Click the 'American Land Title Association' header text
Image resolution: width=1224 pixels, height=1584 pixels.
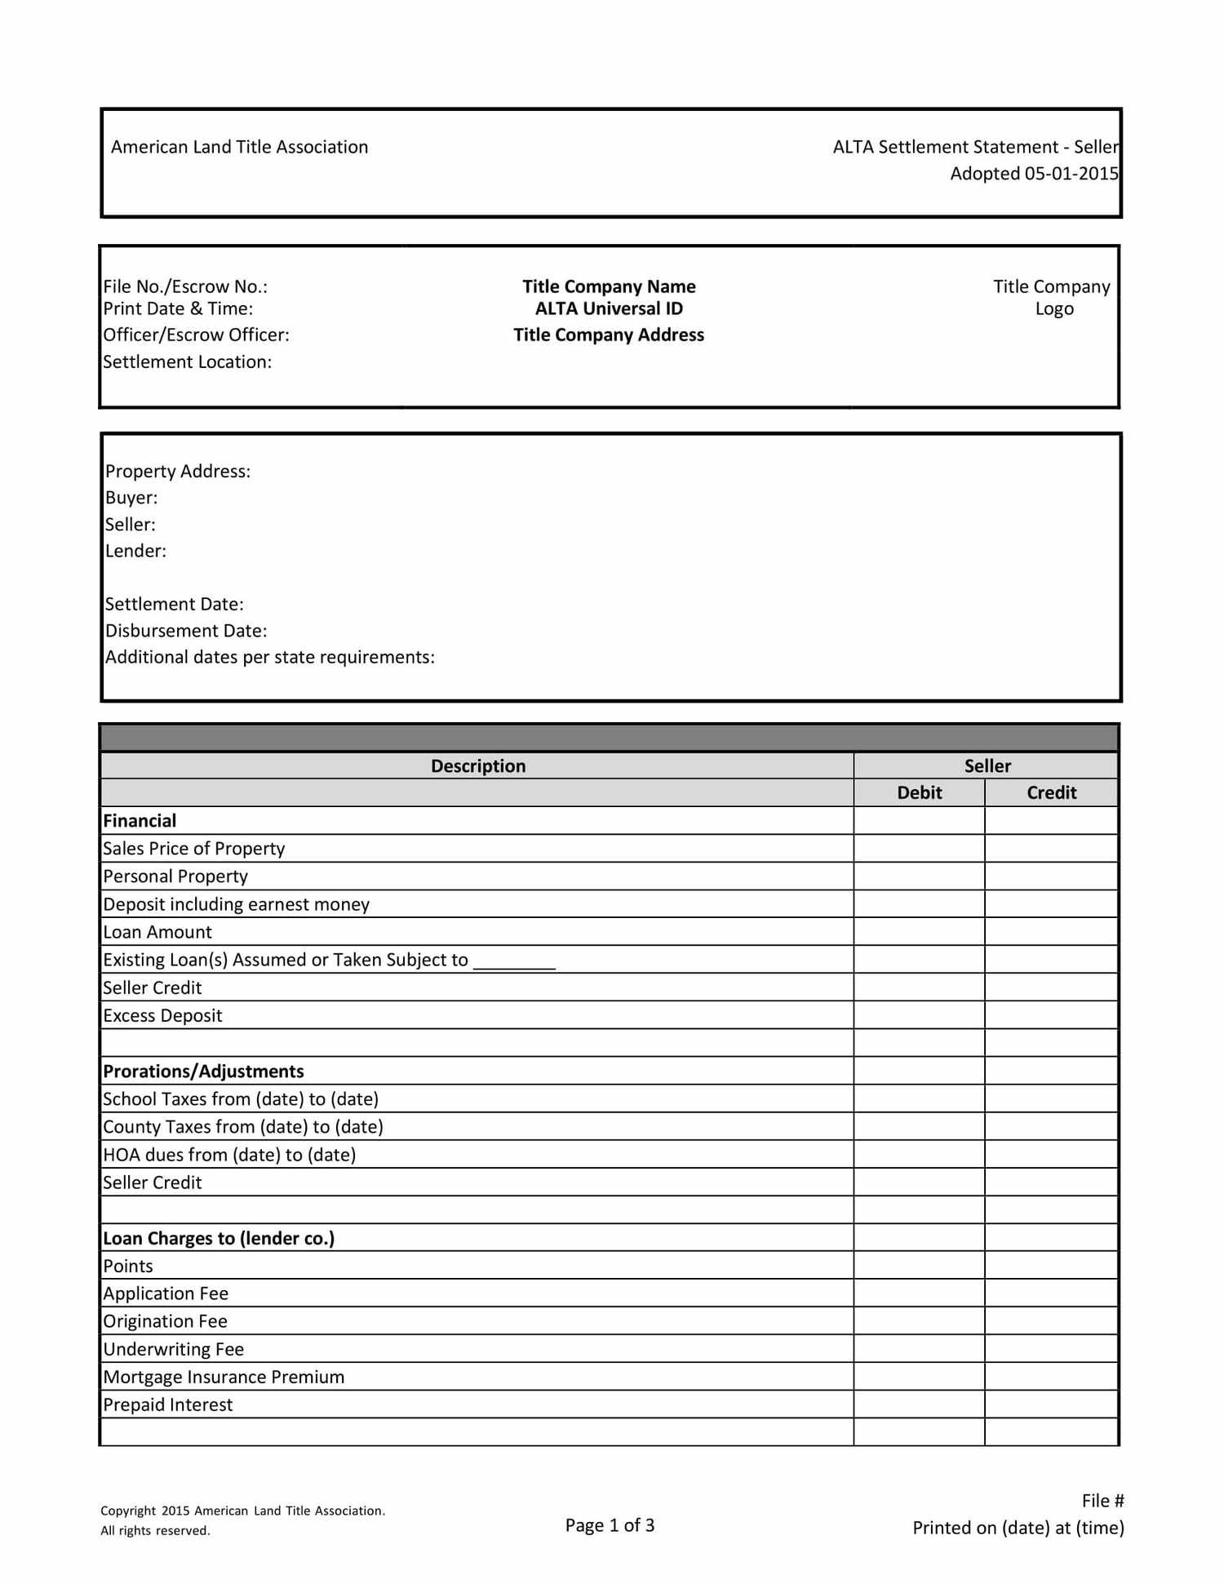point(239,147)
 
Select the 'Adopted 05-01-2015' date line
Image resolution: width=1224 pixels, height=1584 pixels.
point(1033,174)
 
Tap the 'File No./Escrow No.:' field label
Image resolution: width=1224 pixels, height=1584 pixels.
point(185,286)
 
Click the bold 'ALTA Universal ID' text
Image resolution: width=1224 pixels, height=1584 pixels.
point(609,308)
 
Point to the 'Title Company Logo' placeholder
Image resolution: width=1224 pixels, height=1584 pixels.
point(1052,298)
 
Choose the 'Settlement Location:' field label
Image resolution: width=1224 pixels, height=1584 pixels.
point(187,362)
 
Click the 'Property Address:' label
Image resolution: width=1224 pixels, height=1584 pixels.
point(178,471)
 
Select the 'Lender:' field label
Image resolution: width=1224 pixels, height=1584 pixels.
point(135,551)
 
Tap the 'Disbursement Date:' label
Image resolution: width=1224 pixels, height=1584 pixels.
point(186,631)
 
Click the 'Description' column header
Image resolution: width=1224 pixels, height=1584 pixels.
point(478,765)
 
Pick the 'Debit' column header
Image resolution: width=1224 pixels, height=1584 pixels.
point(919,792)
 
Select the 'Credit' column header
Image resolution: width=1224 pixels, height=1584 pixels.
point(1051,792)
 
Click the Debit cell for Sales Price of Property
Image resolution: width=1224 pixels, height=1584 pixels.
point(919,849)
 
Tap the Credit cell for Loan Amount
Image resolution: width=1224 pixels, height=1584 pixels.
point(1051,932)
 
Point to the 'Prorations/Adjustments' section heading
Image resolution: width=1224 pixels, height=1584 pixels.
point(203,1071)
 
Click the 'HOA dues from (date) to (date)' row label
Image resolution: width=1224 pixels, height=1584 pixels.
point(229,1155)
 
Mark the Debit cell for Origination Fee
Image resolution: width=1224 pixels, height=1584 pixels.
point(919,1321)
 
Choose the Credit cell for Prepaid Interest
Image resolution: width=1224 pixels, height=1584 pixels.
point(1051,1404)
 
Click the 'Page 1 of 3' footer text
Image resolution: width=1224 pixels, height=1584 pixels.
point(610,1525)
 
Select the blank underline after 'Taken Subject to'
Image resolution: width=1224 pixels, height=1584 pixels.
point(514,963)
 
